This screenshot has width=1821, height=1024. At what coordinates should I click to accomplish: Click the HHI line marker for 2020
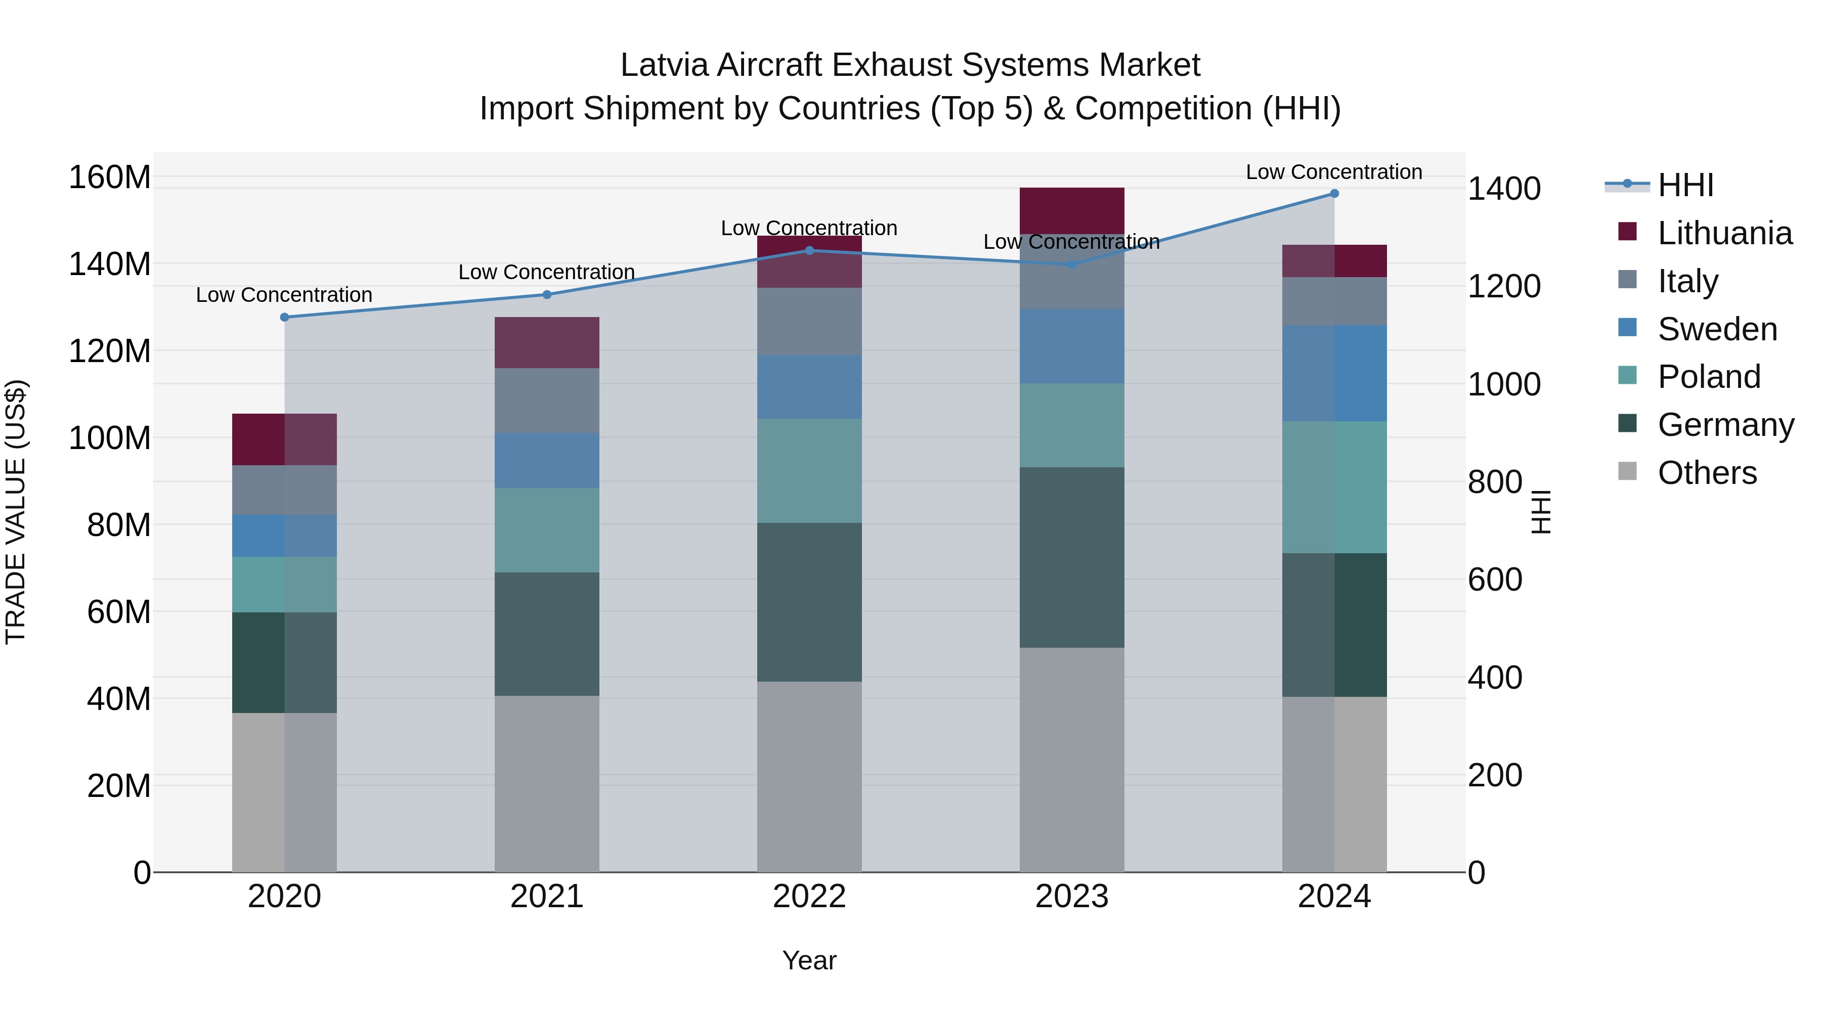(x=285, y=317)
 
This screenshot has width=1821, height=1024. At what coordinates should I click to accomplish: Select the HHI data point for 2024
(x=1334, y=194)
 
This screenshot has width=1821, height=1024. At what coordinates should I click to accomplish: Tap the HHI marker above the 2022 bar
(x=809, y=251)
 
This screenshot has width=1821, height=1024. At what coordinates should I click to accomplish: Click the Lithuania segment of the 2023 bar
(x=1072, y=210)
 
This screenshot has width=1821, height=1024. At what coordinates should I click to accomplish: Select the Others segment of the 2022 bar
(x=809, y=777)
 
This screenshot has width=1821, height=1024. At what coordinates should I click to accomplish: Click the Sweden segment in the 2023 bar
(x=1072, y=346)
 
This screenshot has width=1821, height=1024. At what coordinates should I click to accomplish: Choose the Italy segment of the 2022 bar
(x=809, y=322)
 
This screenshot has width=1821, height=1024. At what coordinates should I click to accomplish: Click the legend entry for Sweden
(x=1716, y=329)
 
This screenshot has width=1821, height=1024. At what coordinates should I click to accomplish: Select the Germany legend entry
(x=1725, y=425)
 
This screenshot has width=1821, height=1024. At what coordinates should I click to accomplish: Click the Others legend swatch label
(x=1707, y=473)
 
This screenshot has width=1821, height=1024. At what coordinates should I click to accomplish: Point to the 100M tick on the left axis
(x=110, y=438)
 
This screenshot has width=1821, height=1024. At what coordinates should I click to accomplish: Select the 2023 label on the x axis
(x=1072, y=897)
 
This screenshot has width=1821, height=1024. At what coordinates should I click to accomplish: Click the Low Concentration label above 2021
(x=546, y=272)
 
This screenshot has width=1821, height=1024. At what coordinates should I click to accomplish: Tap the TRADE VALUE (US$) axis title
(x=16, y=512)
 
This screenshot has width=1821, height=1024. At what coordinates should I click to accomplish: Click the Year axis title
(x=809, y=960)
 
